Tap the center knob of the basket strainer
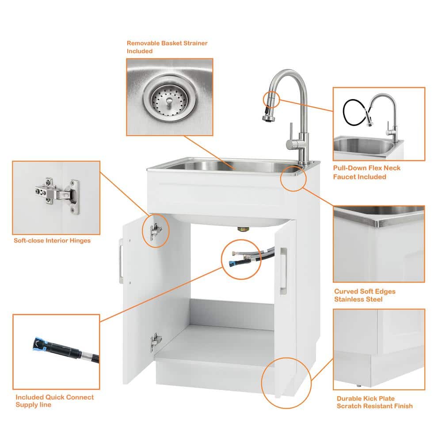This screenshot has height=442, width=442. pos(169,101)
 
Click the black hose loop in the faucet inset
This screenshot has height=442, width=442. pos(354,112)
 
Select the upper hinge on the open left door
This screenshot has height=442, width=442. pos(155,231)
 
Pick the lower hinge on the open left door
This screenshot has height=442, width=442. pos(156,341)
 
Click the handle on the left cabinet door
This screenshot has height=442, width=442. pos(121,261)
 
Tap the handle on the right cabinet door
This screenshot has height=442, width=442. pos(283,271)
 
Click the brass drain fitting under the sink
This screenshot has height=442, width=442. pos(242,229)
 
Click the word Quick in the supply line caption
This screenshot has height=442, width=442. pos(55,397)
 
